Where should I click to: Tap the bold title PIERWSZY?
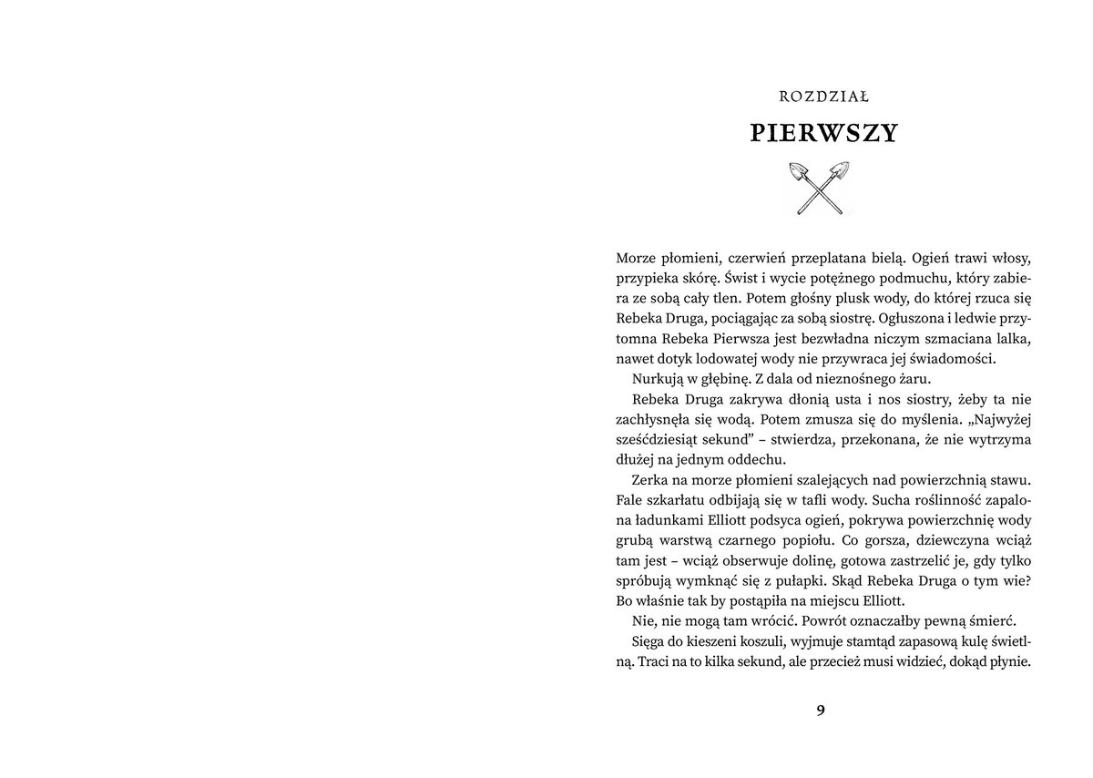[823, 133]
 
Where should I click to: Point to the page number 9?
[821, 711]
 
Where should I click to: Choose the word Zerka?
[649, 479]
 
